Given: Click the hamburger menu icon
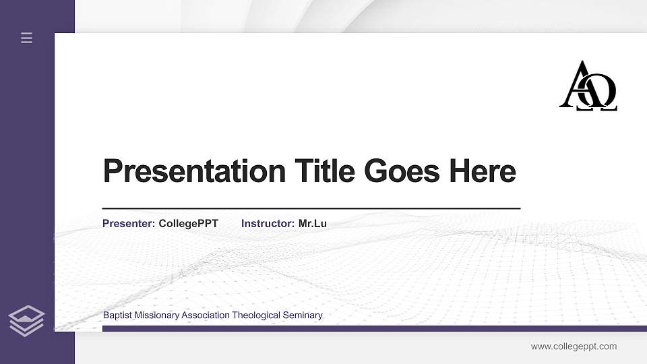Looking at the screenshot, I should point(26,38).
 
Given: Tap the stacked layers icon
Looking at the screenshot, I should point(26,320).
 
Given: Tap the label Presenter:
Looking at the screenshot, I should point(129,223).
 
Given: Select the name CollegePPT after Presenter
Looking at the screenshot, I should point(188,223).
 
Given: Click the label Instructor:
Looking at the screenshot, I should point(268,223).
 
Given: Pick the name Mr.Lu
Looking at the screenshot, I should point(312,223).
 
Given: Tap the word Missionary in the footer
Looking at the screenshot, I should point(157,315).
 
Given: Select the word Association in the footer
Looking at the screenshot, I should point(206,315).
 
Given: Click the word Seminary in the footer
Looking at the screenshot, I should point(304,315).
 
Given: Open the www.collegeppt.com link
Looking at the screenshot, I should point(574,346).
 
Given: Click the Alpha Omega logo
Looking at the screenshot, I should point(588,86).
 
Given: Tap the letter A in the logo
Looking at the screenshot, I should point(576,82).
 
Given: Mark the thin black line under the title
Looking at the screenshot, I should point(311,209).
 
